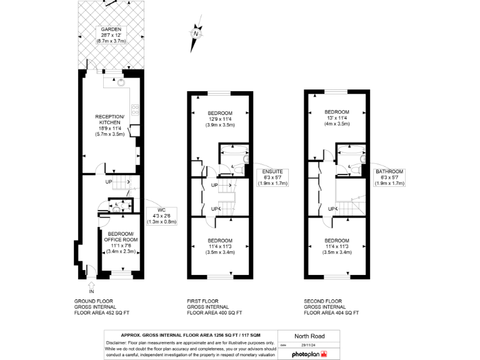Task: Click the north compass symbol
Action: (x=196, y=35)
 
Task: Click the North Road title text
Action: (x=309, y=336)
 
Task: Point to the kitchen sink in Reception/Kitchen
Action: (x=122, y=82)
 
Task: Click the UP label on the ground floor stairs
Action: (x=108, y=182)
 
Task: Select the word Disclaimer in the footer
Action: (x=118, y=343)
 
